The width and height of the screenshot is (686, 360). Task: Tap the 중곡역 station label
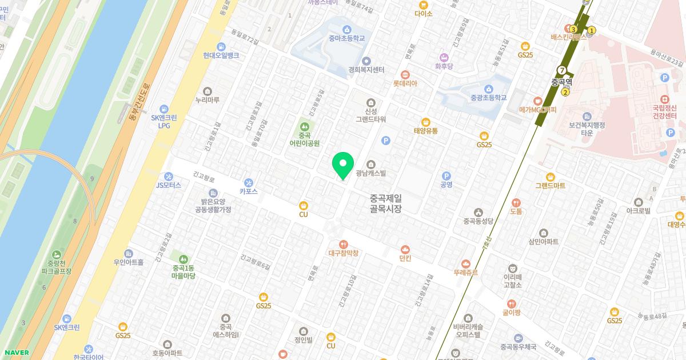561,82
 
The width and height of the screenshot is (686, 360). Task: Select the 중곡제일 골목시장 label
386,203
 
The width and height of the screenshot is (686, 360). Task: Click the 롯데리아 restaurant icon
405,74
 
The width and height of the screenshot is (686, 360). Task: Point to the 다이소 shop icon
424,3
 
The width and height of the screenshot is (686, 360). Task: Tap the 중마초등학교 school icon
346,30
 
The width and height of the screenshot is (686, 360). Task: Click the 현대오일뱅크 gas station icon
221,47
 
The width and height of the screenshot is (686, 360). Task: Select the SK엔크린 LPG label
163,121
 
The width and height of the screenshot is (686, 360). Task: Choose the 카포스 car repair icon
249,182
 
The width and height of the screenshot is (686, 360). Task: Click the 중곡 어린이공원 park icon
304,126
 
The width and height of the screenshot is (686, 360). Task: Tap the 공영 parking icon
446,176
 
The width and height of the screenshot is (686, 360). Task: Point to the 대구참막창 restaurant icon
343,243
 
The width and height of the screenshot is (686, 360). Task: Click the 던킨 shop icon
405,249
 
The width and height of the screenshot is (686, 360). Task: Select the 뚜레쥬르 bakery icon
465,264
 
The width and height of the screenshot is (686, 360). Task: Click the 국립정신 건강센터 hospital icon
665,98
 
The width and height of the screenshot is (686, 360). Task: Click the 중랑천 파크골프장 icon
56,254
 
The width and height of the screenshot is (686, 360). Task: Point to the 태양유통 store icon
425,122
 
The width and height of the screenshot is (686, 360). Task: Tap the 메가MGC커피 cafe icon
537,101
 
